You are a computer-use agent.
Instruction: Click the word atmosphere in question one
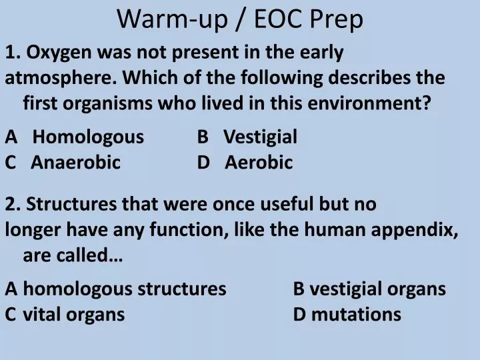click(x=61, y=77)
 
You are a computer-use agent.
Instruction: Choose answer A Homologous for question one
click(x=88, y=137)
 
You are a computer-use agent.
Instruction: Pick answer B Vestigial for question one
click(x=260, y=137)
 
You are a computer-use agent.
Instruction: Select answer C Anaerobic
click(x=75, y=162)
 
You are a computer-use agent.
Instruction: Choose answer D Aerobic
click(x=259, y=162)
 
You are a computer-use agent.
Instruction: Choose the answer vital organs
click(x=74, y=314)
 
